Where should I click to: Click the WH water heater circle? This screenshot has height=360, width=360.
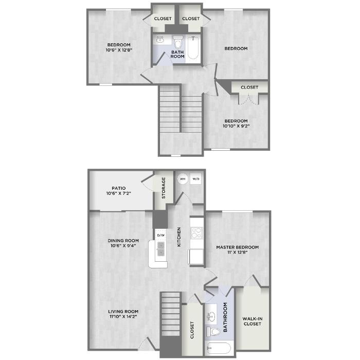[183, 178]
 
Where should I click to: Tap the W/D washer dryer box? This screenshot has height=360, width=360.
[195, 178]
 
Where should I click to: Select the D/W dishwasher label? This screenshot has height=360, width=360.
[160, 235]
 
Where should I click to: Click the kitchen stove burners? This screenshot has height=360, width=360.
[197, 232]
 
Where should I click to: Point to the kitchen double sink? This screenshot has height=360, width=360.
[160, 249]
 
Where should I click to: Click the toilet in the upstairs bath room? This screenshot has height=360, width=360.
[177, 42]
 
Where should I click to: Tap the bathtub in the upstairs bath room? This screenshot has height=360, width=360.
[193, 47]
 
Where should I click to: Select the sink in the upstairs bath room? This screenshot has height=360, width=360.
[160, 40]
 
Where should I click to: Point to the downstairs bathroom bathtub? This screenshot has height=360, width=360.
[219, 348]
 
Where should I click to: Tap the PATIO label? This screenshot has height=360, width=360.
[119, 188]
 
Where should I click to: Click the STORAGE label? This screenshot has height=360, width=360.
[164, 188]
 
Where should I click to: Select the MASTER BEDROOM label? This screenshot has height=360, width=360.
[238, 247]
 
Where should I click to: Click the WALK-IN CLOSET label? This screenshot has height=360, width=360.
[253, 321]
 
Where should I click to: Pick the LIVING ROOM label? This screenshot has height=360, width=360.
[123, 312]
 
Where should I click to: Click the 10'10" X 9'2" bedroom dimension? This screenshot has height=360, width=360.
[236, 126]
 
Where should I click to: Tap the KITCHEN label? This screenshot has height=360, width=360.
[179, 237]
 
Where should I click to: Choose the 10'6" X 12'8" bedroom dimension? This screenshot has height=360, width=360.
[119, 50]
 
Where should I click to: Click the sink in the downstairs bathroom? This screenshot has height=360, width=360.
[211, 317]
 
